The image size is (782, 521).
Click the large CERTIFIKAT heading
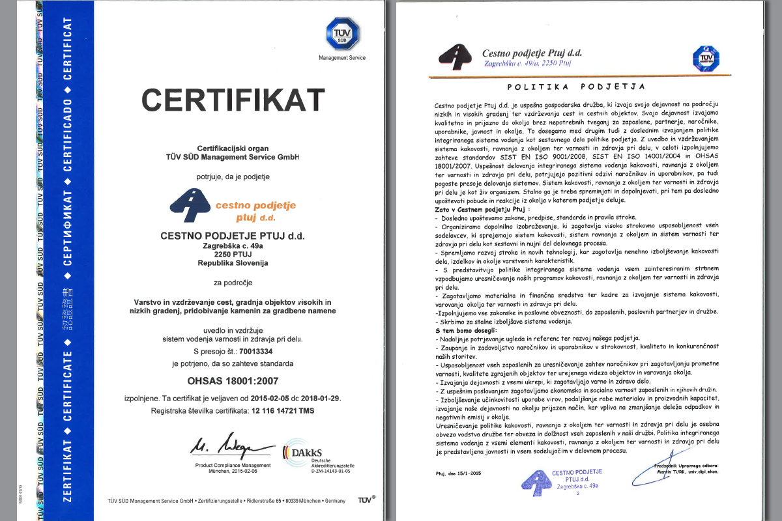pos(233,100)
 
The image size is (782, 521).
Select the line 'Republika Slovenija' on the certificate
pos(233,263)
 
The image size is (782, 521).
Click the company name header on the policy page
pos(532,53)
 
